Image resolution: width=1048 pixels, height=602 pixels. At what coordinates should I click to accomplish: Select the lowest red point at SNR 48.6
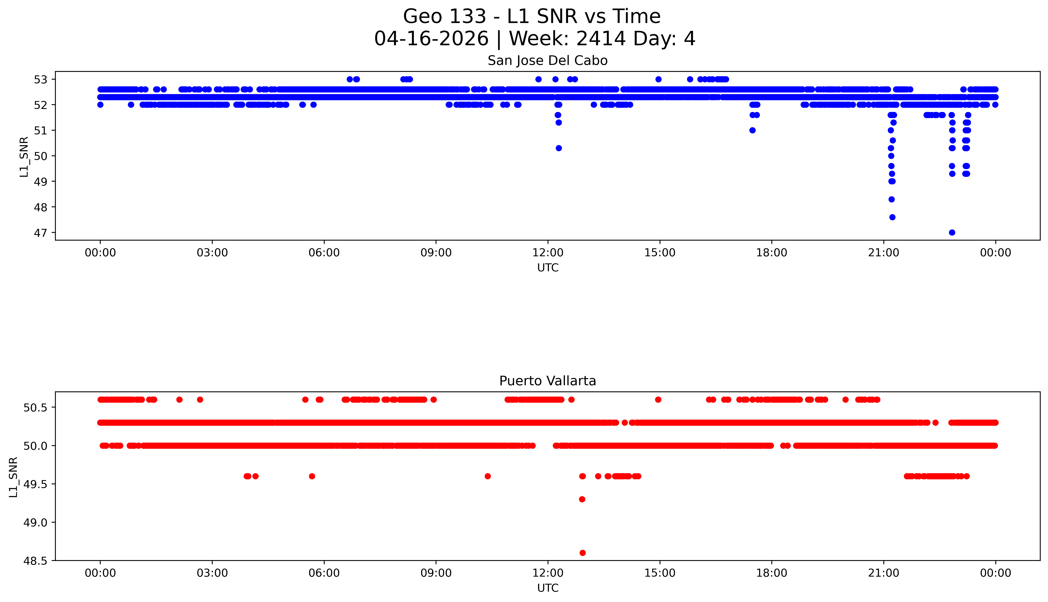point(582,553)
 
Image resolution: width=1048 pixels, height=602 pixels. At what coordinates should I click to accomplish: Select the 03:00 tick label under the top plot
point(212,253)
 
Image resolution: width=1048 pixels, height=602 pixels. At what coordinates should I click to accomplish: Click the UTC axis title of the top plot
point(548,268)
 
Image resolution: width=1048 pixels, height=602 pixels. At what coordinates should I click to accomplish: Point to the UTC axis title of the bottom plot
point(548,588)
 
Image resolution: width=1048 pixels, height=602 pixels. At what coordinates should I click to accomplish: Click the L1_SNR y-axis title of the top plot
point(24,156)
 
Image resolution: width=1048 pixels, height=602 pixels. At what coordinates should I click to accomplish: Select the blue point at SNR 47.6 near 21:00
point(892,217)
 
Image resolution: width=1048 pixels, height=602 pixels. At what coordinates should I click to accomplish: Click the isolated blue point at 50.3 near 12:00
point(558,148)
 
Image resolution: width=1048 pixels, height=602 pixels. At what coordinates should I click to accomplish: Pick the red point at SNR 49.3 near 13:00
point(582,499)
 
